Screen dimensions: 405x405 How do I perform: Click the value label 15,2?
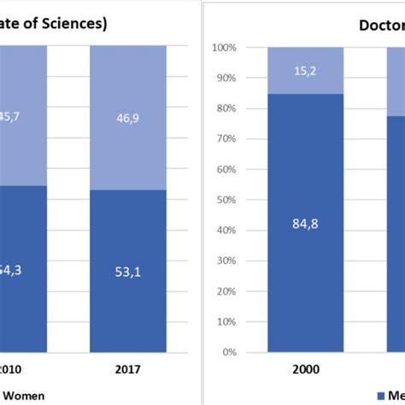tap(305, 60)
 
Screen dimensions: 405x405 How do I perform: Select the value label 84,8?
tap(305, 226)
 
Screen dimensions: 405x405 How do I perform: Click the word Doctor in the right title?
tap(380, 25)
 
